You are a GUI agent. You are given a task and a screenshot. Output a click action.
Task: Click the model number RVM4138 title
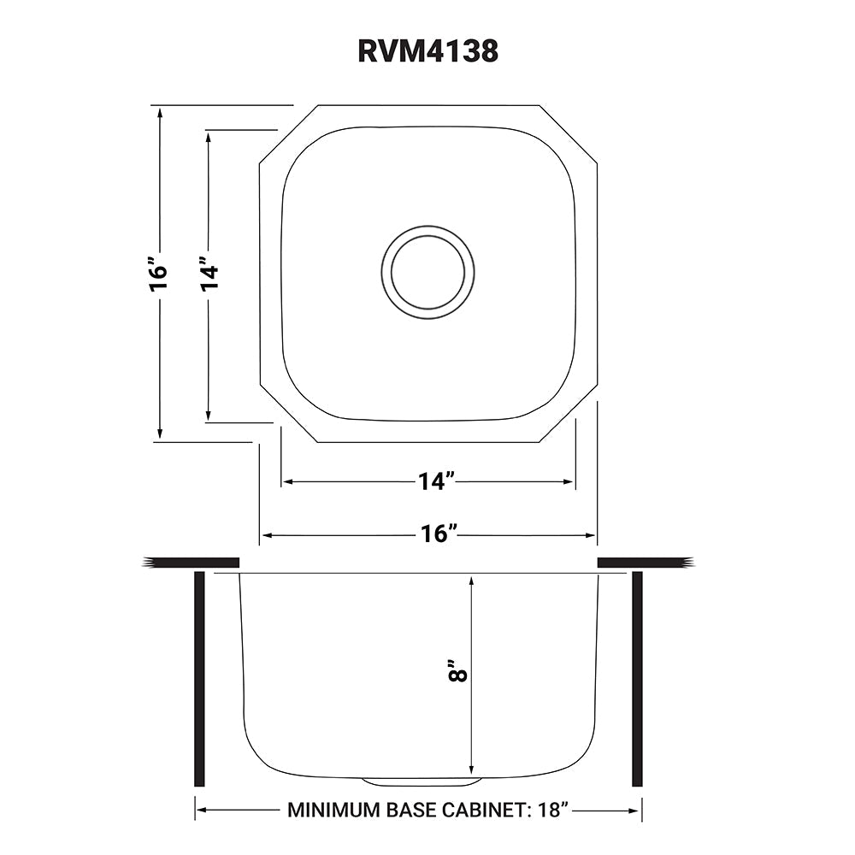(x=427, y=51)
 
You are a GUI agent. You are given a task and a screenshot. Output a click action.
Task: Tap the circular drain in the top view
(x=428, y=273)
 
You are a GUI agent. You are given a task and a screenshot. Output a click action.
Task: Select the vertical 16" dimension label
(x=158, y=274)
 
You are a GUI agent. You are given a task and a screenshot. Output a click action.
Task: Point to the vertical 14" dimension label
(x=209, y=274)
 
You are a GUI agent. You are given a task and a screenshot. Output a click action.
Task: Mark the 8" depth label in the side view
(x=460, y=669)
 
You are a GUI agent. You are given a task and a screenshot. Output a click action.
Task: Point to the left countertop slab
(x=192, y=562)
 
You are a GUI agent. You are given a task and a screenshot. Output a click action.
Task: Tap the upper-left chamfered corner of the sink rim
(x=288, y=133)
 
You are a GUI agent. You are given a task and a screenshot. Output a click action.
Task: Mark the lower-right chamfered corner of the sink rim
(x=569, y=415)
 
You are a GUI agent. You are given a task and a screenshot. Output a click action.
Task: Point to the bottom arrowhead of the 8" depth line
(x=471, y=765)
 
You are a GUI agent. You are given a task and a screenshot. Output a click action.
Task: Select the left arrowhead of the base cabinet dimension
(x=202, y=810)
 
